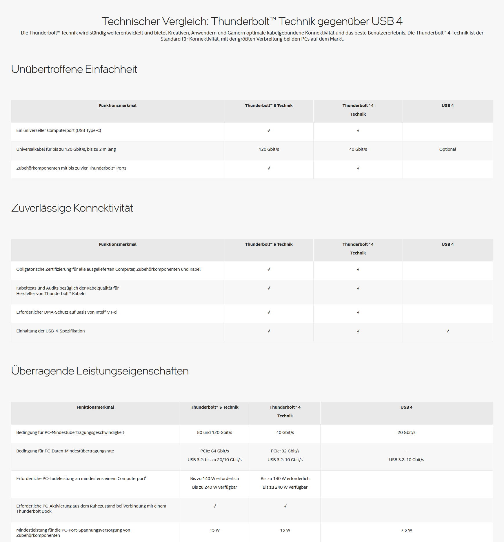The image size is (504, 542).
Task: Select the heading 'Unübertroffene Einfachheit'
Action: point(74,69)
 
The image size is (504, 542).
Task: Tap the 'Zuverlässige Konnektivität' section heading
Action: point(72,208)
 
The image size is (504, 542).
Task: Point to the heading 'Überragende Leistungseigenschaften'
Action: point(100,371)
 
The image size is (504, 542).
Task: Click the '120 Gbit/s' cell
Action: point(269,149)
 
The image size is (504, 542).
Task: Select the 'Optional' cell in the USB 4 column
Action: point(447,149)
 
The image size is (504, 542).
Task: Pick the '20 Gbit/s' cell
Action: point(406,432)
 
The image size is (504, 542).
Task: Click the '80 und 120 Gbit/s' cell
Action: point(214,432)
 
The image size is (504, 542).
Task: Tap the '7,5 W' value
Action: point(406,530)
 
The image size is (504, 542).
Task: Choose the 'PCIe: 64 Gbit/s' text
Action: point(214,451)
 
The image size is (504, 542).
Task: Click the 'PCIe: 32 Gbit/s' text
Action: point(285,451)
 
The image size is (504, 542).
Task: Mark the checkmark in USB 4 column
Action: point(448,331)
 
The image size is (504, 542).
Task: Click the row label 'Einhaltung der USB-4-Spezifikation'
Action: point(50,331)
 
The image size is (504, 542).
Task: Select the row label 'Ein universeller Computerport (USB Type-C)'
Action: point(59,130)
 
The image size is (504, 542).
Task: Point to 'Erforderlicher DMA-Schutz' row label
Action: point(66,312)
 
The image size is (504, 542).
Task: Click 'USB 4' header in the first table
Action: point(447,106)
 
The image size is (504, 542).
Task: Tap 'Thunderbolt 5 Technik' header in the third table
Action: point(214,407)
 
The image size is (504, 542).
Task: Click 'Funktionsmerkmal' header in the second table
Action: point(117,244)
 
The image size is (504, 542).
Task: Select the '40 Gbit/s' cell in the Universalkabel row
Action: point(358,149)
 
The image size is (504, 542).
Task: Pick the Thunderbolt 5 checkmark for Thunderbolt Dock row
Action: point(215,506)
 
